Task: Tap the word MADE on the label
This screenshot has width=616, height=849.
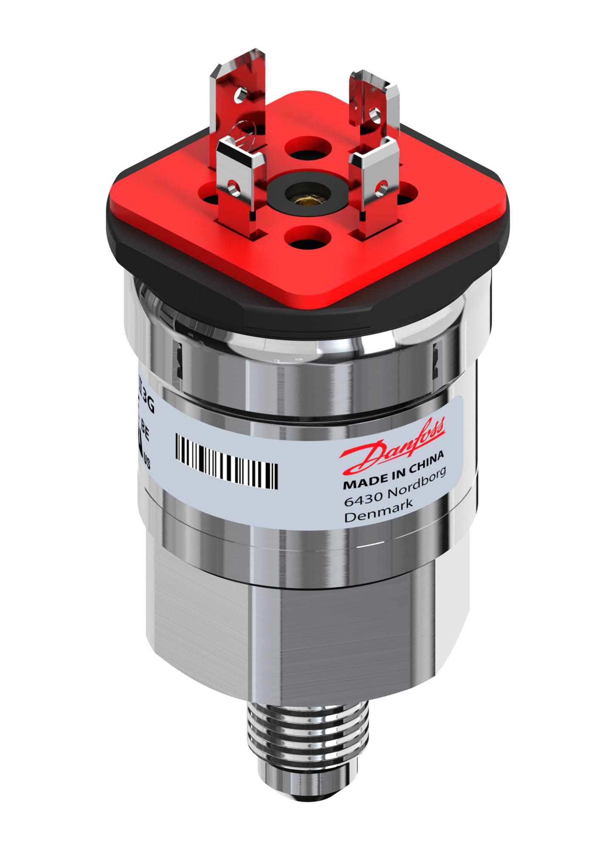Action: pyautogui.click(x=361, y=481)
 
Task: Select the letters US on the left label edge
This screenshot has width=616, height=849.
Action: pyautogui.click(x=147, y=461)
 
